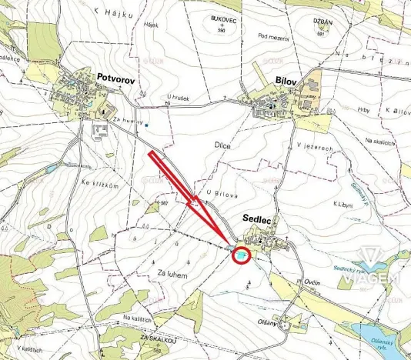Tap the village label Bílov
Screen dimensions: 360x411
click(x=286, y=80)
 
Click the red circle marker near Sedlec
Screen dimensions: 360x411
click(x=242, y=255)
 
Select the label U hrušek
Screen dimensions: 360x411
click(x=178, y=97)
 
